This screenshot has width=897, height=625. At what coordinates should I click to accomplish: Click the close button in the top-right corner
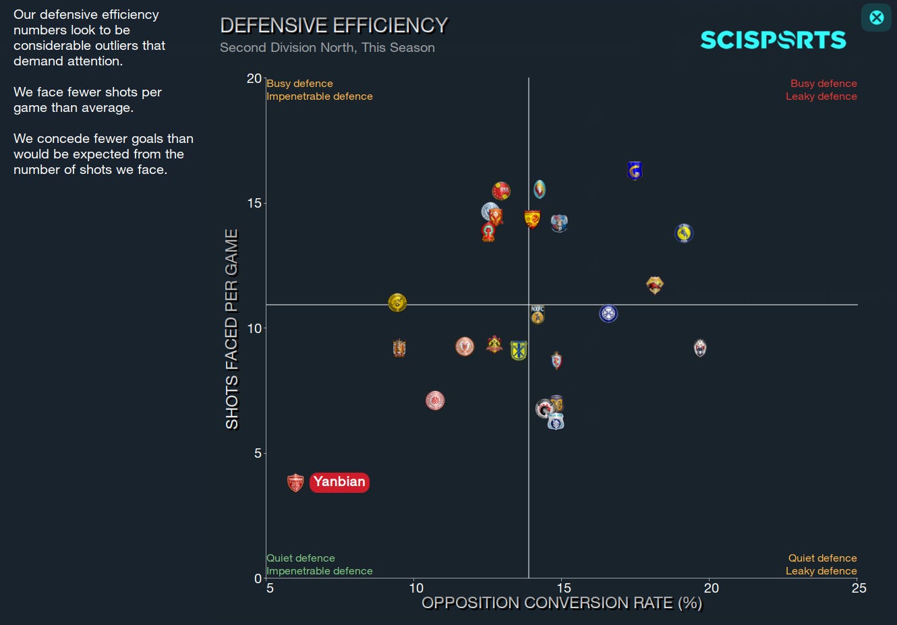point(876,18)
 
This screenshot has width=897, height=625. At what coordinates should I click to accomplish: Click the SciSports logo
point(773,40)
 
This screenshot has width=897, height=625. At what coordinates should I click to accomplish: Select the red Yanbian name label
point(339,482)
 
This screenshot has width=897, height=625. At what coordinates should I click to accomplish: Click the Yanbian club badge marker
point(295,482)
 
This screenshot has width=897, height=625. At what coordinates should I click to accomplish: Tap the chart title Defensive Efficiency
point(334,26)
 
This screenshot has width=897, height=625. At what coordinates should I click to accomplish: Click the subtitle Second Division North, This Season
point(327,48)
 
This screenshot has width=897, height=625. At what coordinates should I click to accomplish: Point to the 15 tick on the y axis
point(254,203)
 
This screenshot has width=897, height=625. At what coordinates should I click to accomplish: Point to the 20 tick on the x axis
point(711,588)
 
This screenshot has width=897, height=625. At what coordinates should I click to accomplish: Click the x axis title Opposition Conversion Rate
point(562,603)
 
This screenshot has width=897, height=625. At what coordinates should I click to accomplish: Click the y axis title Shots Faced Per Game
point(232,329)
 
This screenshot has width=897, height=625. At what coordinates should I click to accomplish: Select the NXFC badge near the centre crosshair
point(538,314)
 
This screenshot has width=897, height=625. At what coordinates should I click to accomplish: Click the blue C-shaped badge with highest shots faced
point(635,171)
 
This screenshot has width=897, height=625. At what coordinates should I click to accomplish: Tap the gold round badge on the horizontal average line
point(397,303)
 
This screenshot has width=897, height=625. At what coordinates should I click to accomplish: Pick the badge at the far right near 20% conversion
point(700,348)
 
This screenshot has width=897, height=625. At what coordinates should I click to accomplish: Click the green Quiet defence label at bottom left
point(301,558)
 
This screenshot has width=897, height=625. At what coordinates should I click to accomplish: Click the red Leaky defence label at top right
point(821,96)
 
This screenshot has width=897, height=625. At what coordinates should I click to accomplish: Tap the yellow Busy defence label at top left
point(299,84)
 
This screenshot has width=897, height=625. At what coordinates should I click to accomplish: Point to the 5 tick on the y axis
point(258,453)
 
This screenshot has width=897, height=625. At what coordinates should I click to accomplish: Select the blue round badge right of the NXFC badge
point(608,314)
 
